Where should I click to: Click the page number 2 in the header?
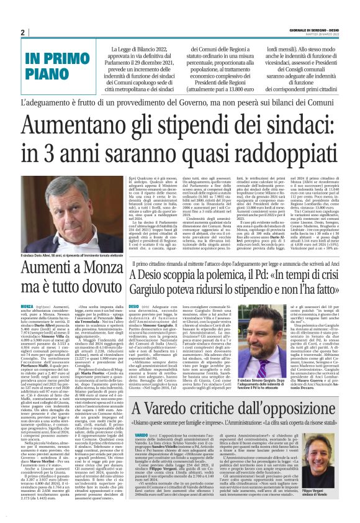(22, 32)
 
